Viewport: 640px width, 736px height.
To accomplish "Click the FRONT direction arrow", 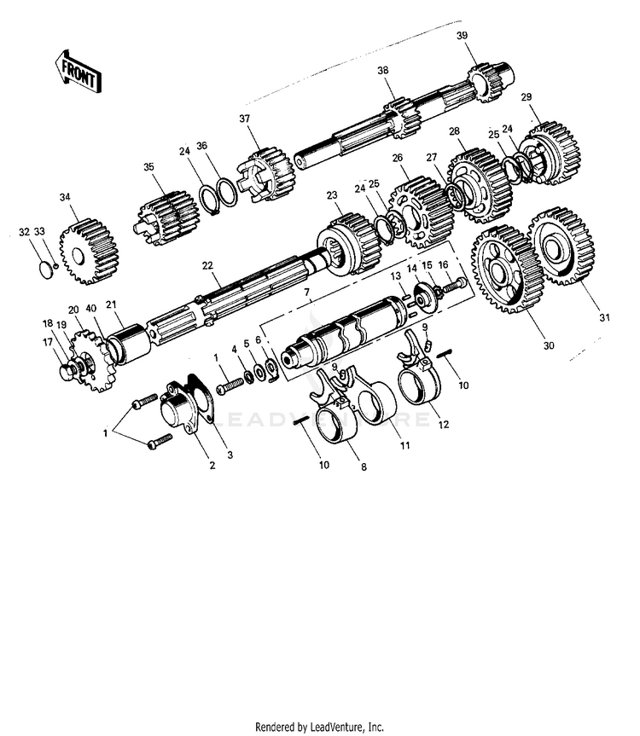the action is click(78, 72).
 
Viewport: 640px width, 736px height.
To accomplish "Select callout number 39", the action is click(462, 36).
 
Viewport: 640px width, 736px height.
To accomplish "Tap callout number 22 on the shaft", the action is click(207, 266).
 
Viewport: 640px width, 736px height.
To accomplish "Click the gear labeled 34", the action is click(89, 251).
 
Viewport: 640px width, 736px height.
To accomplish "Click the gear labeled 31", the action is click(561, 247).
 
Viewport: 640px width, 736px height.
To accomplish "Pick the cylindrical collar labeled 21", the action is click(129, 344).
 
